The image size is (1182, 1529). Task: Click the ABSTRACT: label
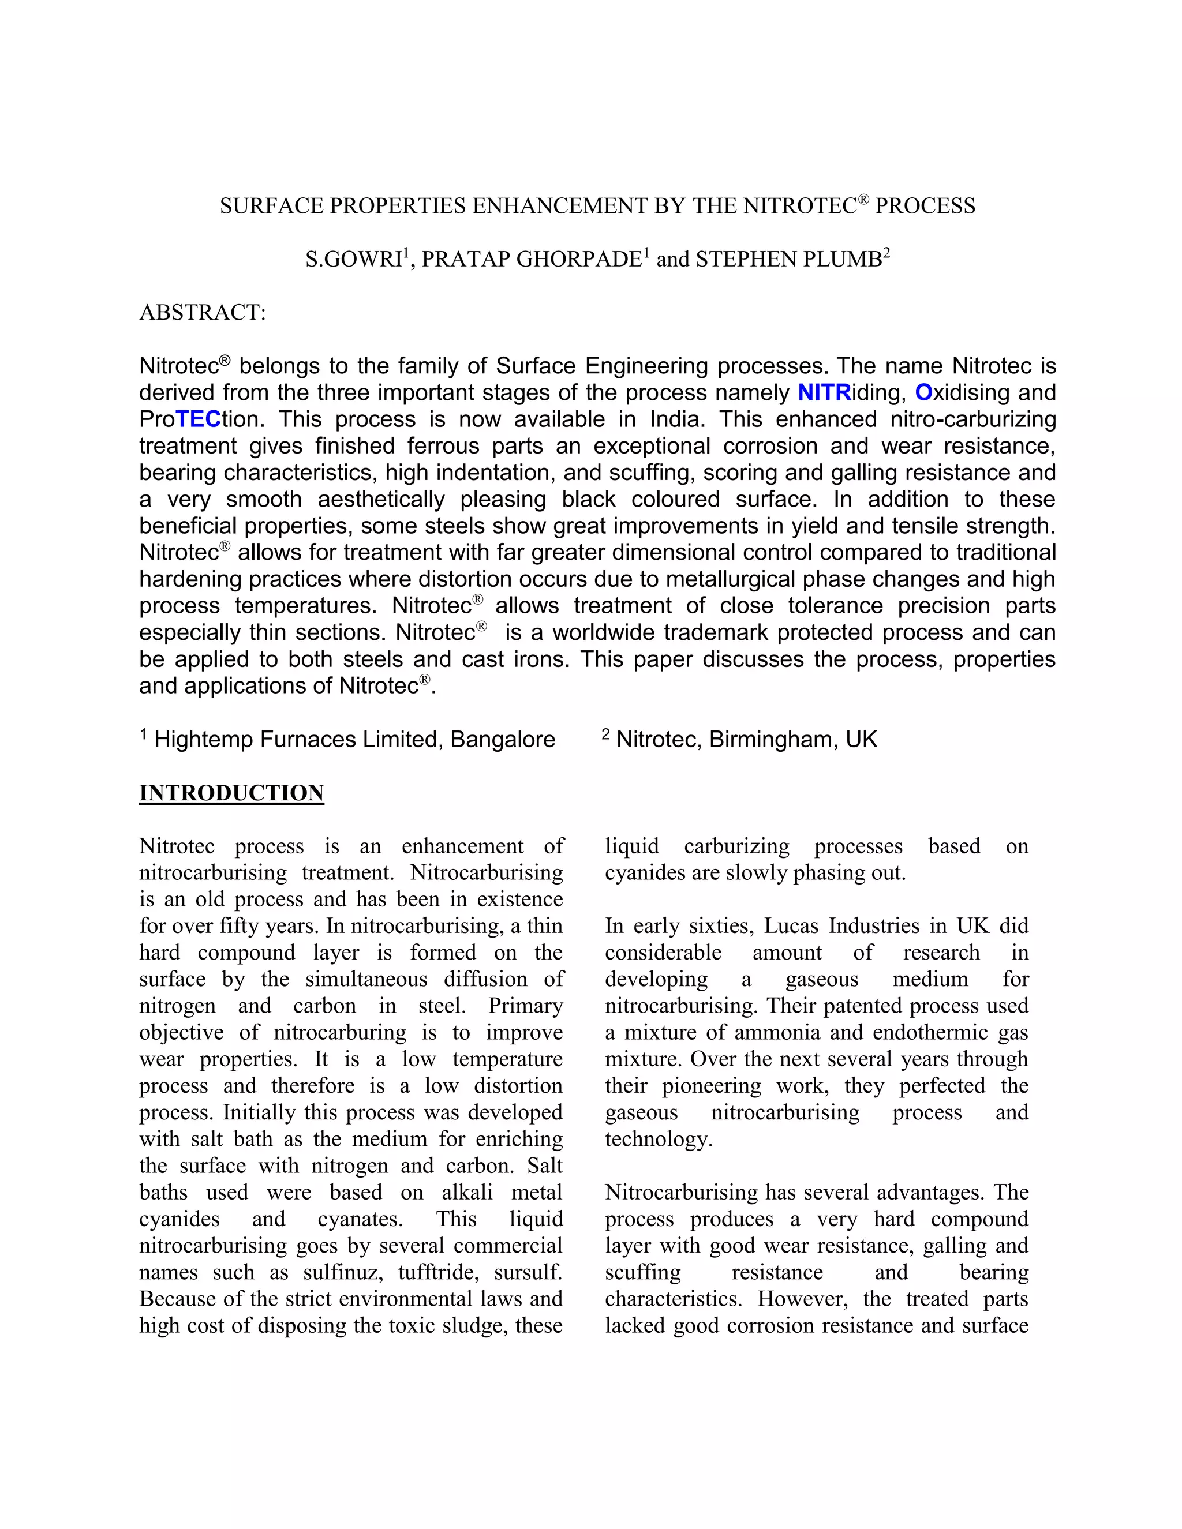pos(203,312)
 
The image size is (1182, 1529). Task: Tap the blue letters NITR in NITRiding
pos(824,393)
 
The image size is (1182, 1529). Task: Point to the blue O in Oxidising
pos(923,393)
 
